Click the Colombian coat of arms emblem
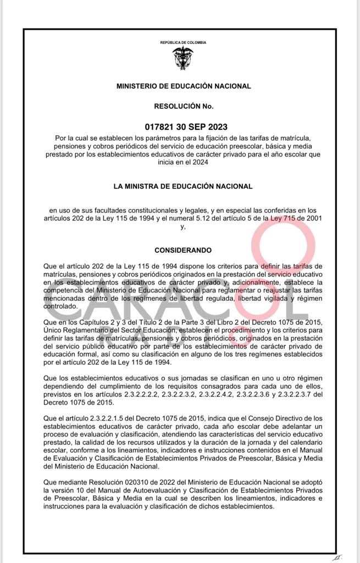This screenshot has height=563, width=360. [x=183, y=58]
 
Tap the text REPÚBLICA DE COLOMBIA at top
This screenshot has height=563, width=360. [x=183, y=42]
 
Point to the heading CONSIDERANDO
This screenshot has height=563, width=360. [x=183, y=250]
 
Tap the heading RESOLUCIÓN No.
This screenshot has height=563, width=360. [x=184, y=106]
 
